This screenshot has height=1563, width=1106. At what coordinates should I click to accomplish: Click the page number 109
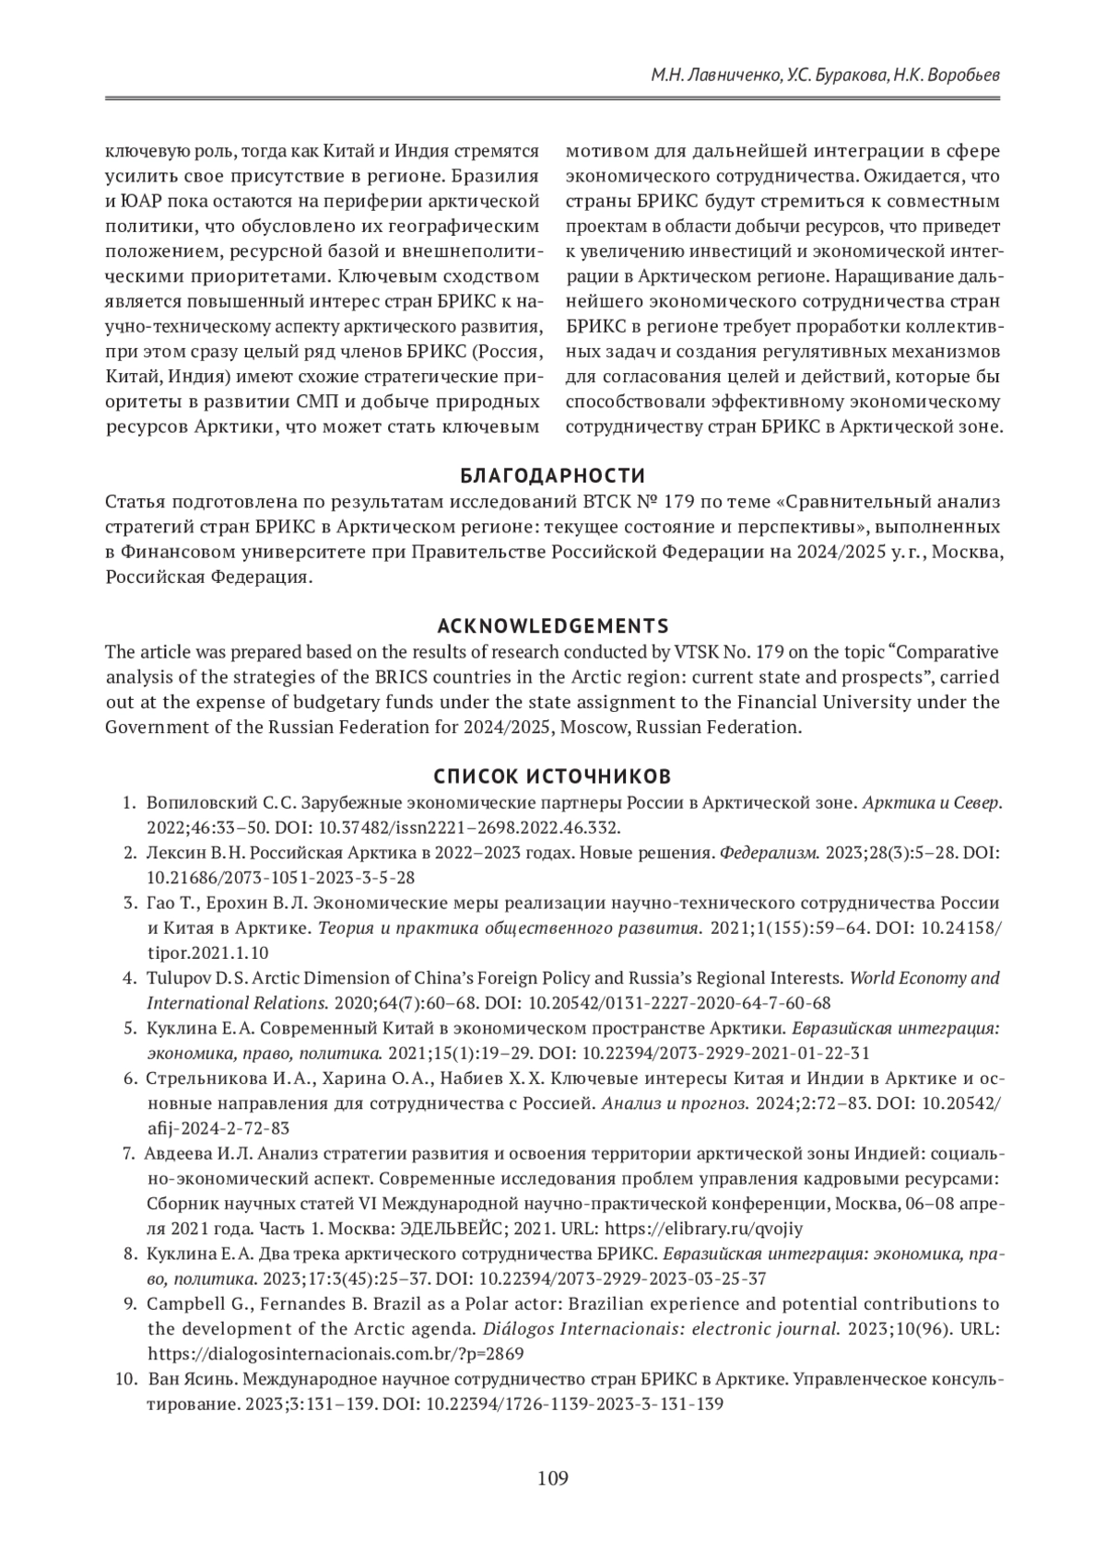tap(553, 1479)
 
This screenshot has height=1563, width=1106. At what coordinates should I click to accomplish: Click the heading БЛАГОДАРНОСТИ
tap(553, 476)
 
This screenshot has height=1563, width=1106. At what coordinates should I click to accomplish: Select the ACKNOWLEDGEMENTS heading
tap(553, 626)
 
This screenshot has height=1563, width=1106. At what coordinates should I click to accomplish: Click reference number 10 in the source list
tap(125, 1380)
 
